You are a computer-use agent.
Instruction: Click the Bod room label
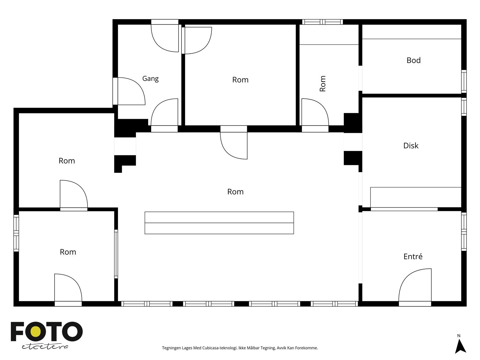pyautogui.click(x=413, y=60)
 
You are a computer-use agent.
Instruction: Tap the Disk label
pyautogui.click(x=411, y=145)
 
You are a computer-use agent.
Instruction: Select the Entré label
pyautogui.click(x=412, y=256)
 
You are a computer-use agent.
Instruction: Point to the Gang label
pyautogui.click(x=150, y=79)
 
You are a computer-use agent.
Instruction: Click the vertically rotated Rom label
pyautogui.click(x=322, y=83)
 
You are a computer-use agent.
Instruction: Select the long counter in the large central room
pyautogui.click(x=219, y=223)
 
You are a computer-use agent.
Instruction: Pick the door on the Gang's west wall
pyautogui.click(x=129, y=91)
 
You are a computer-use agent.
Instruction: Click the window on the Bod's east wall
pyautogui.click(x=464, y=81)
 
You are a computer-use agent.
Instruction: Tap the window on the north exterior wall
pyautogui.click(x=322, y=22)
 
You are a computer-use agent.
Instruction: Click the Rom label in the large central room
pyautogui.click(x=235, y=192)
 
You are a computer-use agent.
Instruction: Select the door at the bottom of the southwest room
pyautogui.click(x=68, y=290)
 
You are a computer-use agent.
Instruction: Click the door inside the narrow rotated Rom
pyautogui.click(x=315, y=115)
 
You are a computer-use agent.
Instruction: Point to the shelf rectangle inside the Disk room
pyautogui.click(x=416, y=197)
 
